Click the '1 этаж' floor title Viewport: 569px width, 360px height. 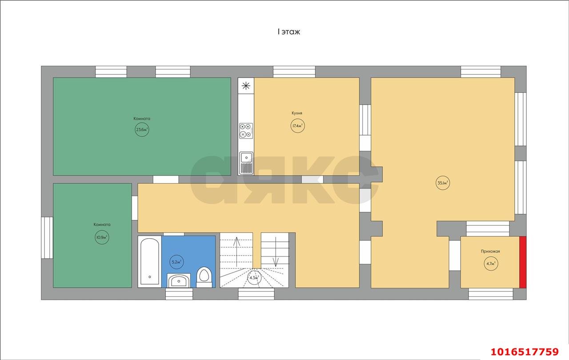(x=289, y=32)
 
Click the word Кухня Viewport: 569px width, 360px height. (x=297, y=113)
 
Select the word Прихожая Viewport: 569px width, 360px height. (x=490, y=251)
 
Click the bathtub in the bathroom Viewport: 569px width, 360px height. (x=150, y=261)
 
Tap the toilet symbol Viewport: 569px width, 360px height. (x=204, y=277)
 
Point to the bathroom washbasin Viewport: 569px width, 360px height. (x=179, y=280)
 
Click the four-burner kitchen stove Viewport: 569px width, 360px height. (x=246, y=131)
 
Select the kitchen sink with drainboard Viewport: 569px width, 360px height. (x=246, y=163)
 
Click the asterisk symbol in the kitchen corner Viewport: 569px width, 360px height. (x=246, y=86)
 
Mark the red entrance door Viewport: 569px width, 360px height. (x=523, y=262)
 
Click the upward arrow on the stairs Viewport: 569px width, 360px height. (x=237, y=252)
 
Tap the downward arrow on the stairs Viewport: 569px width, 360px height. (x=276, y=252)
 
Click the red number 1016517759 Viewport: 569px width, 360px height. (x=525, y=352)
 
